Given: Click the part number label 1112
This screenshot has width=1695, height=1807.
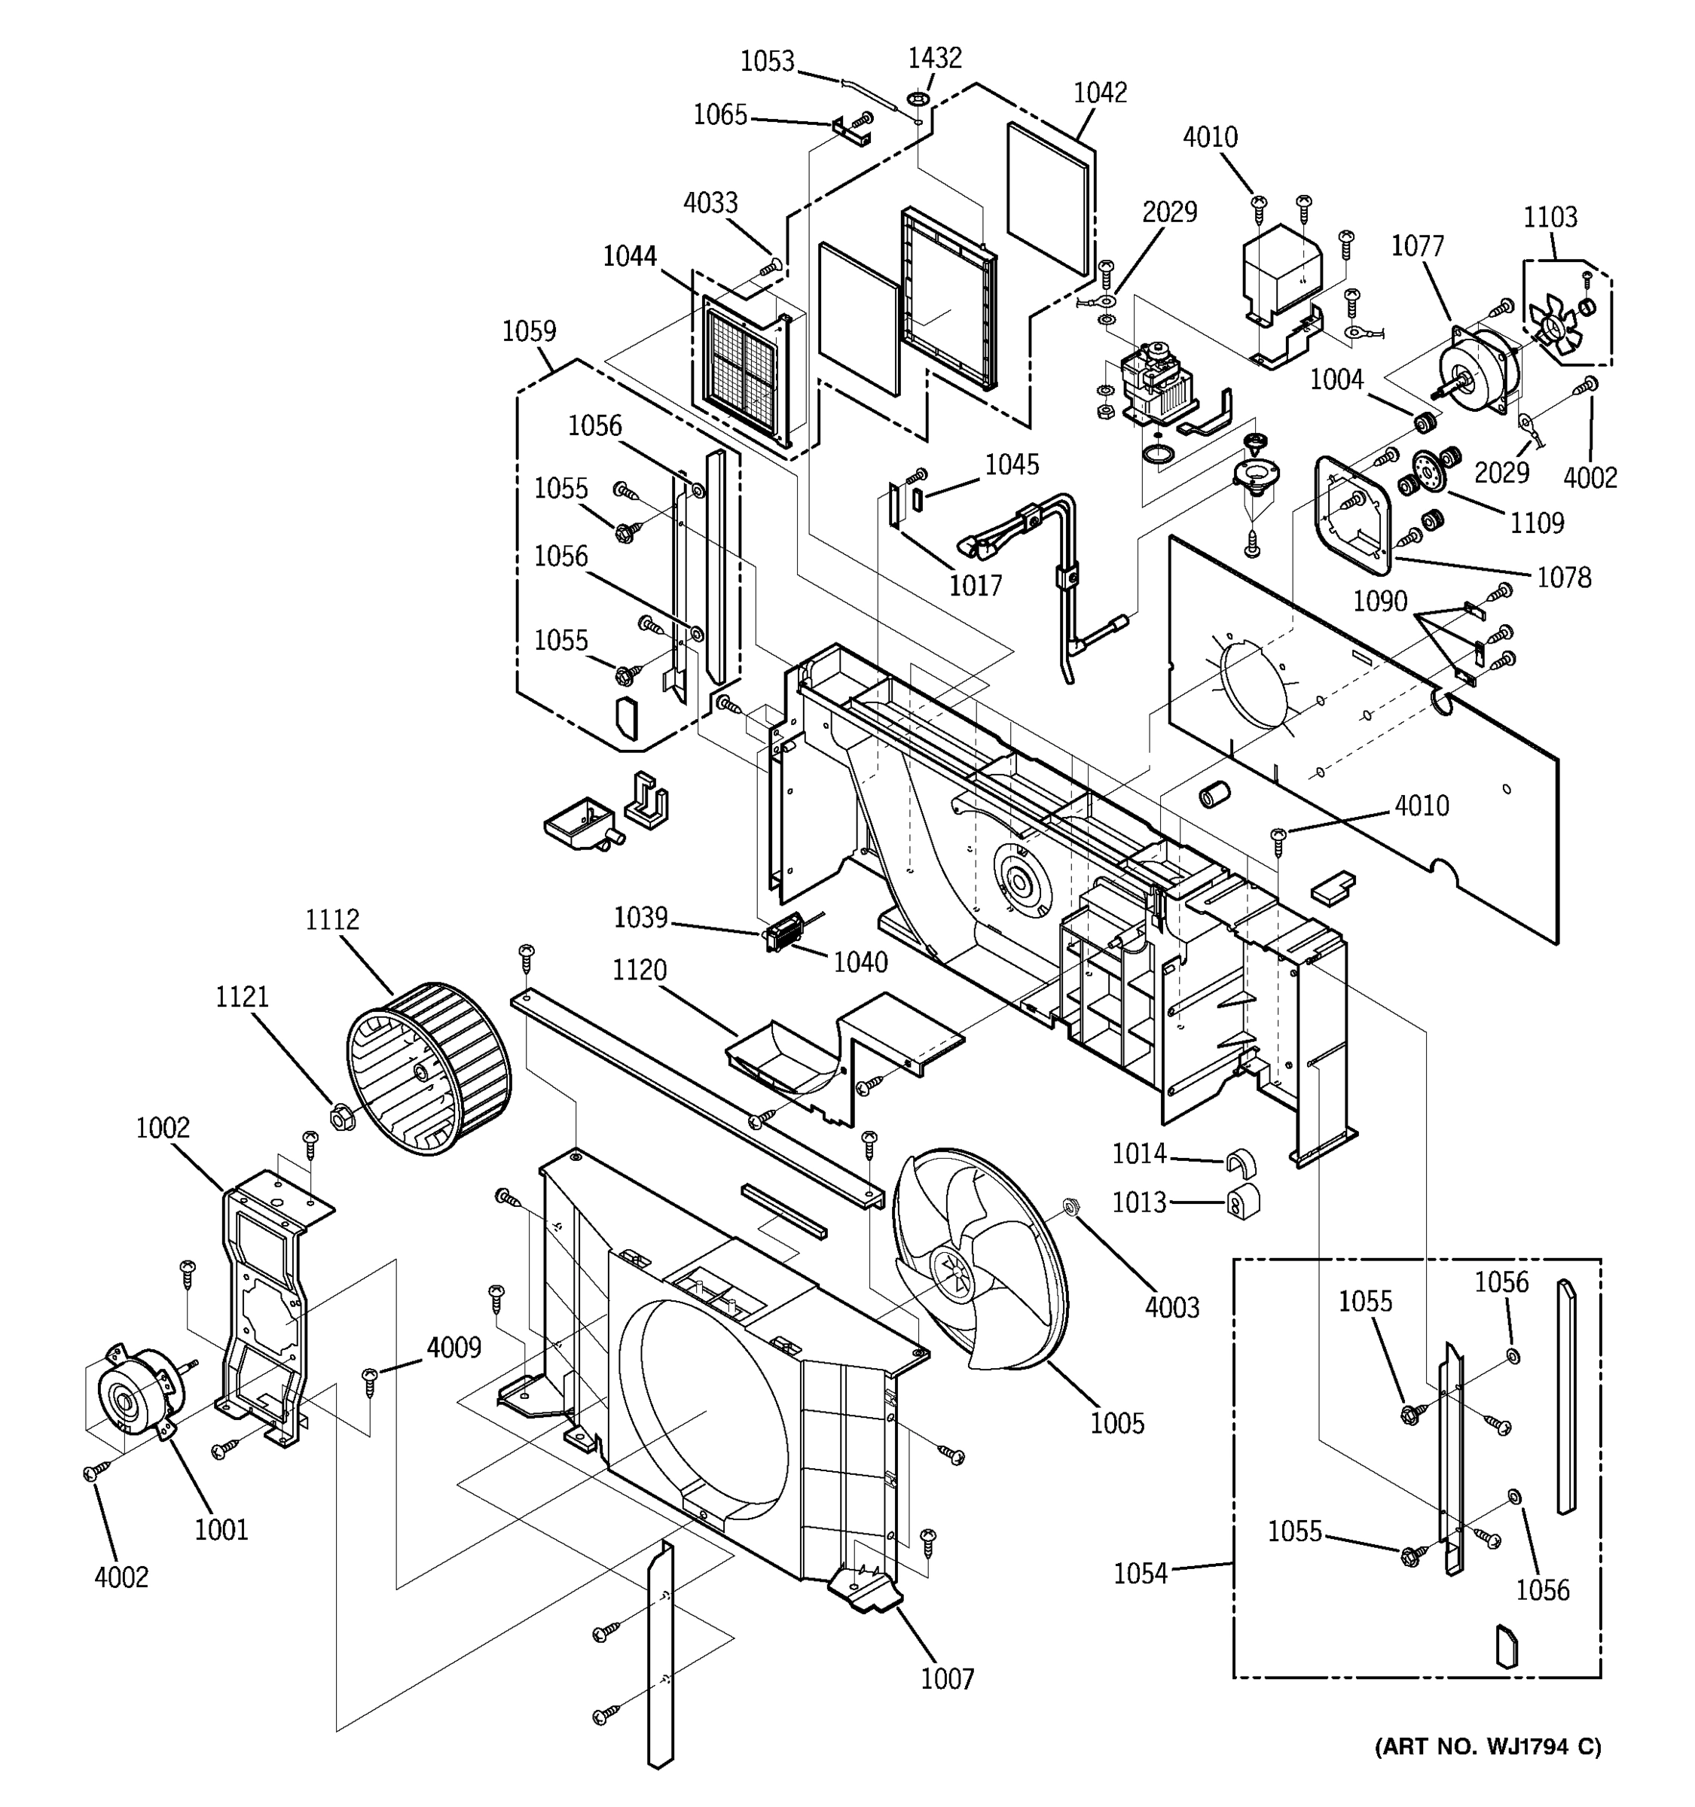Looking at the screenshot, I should coord(332,920).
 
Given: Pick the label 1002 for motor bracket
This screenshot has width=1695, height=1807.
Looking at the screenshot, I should coord(163,1128).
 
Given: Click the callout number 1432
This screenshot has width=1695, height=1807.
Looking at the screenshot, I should coord(934,58).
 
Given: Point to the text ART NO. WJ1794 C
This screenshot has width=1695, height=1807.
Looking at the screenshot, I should coord(1488,1747).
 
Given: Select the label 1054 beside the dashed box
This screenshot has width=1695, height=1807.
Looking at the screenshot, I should coord(1141,1574).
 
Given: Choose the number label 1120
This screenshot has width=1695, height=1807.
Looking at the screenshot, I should coord(640,970).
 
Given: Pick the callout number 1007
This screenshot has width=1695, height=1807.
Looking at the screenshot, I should coord(947,1679).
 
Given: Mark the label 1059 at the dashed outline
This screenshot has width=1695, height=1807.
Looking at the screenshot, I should coord(530,331).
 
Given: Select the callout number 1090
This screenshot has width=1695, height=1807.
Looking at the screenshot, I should coord(1379,601).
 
